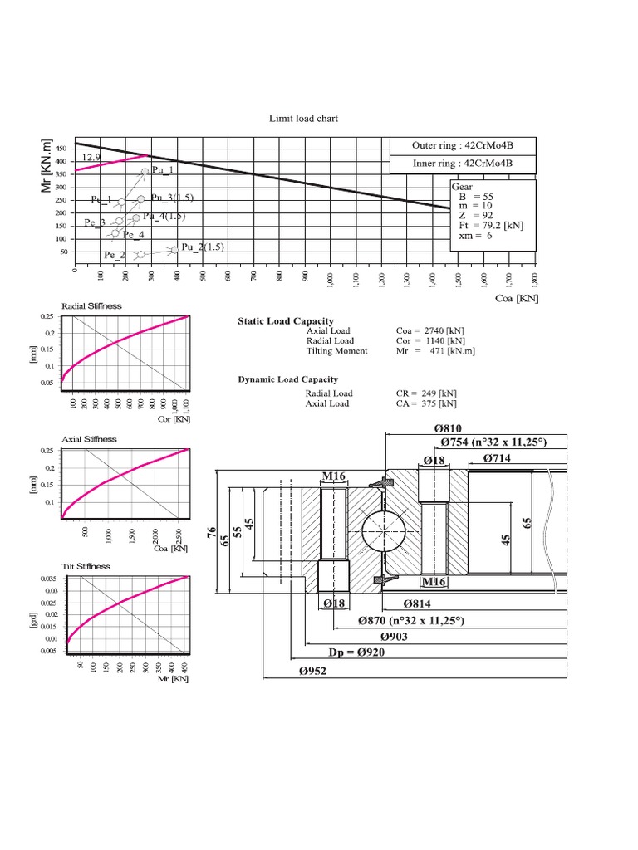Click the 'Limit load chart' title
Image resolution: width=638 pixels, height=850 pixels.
tap(303, 119)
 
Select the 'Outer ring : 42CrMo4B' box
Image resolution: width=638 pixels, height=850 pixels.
tap(463, 146)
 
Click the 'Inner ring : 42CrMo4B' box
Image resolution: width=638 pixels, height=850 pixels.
tap(463, 164)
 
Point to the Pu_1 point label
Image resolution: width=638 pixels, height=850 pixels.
tap(163, 170)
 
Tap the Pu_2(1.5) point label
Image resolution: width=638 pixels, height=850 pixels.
tap(204, 247)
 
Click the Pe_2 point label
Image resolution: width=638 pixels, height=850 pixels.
tap(115, 255)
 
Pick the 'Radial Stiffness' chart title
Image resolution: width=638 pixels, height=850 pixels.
tap(92, 305)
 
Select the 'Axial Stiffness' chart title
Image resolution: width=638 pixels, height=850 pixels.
tap(90, 439)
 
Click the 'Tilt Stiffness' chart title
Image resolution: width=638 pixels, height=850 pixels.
tap(86, 566)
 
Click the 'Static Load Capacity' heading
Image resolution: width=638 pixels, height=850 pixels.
tap(286, 321)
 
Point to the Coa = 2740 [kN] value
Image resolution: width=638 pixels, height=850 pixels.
tap(426, 331)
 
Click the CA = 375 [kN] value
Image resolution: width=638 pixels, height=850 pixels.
tap(426, 404)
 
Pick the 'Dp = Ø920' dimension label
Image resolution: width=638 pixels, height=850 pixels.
tap(356, 652)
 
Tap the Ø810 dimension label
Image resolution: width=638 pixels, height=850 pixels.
tap(449, 428)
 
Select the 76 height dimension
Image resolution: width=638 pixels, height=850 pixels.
tap(210, 531)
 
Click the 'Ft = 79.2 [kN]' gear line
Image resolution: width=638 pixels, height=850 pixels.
tap(491, 225)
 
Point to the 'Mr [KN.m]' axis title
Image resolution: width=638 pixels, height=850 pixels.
tap(47, 166)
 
